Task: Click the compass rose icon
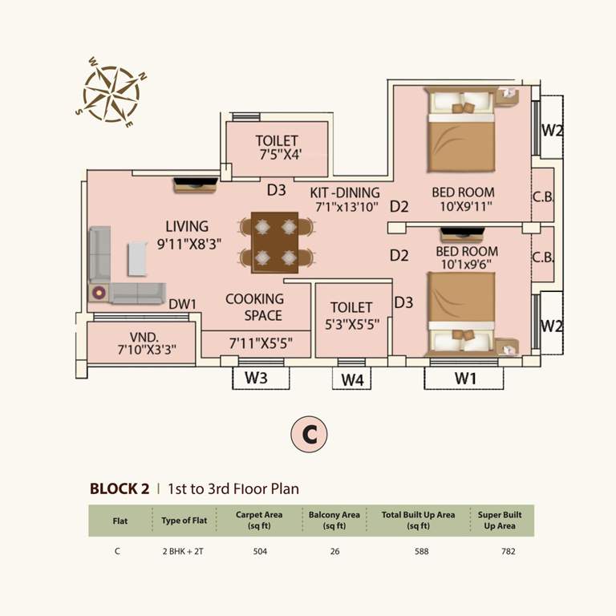[111, 91]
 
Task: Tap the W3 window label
[255, 378]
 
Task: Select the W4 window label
[351, 379]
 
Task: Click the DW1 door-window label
[184, 304]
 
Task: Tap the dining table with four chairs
[274, 242]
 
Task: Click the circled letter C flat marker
[309, 434]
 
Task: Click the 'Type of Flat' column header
[184, 521]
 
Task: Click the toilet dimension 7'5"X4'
[278, 155]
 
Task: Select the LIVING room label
[187, 226]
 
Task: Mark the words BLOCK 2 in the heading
[120, 488]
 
